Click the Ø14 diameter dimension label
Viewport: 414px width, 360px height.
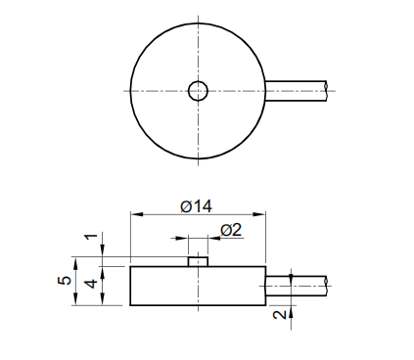[x=196, y=206]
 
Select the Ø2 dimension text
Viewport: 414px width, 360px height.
[x=231, y=230]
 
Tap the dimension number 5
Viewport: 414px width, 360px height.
[x=65, y=281]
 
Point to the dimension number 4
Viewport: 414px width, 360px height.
[x=91, y=284]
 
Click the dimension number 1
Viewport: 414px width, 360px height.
[x=92, y=236]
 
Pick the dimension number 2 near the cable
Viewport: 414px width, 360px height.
[x=279, y=314]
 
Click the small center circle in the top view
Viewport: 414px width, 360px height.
[x=199, y=91]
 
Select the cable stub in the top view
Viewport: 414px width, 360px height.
[x=296, y=91]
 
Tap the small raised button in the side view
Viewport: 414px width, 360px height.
[x=198, y=261]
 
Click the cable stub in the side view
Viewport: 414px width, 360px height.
[x=296, y=286]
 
